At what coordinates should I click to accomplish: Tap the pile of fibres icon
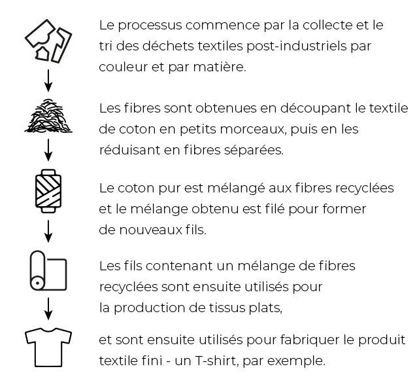[48, 116]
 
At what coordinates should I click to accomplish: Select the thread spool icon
[48, 191]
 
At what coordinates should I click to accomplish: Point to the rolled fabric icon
[48, 270]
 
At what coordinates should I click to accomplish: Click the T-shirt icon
[48, 347]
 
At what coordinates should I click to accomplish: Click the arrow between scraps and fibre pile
[48, 80]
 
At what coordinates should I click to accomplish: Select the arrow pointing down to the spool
[48, 150]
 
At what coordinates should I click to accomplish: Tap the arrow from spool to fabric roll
[48, 231]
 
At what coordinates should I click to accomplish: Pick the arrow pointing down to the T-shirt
[48, 309]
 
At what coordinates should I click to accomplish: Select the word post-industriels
[297, 46]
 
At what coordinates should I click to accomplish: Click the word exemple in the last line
[296, 361]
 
